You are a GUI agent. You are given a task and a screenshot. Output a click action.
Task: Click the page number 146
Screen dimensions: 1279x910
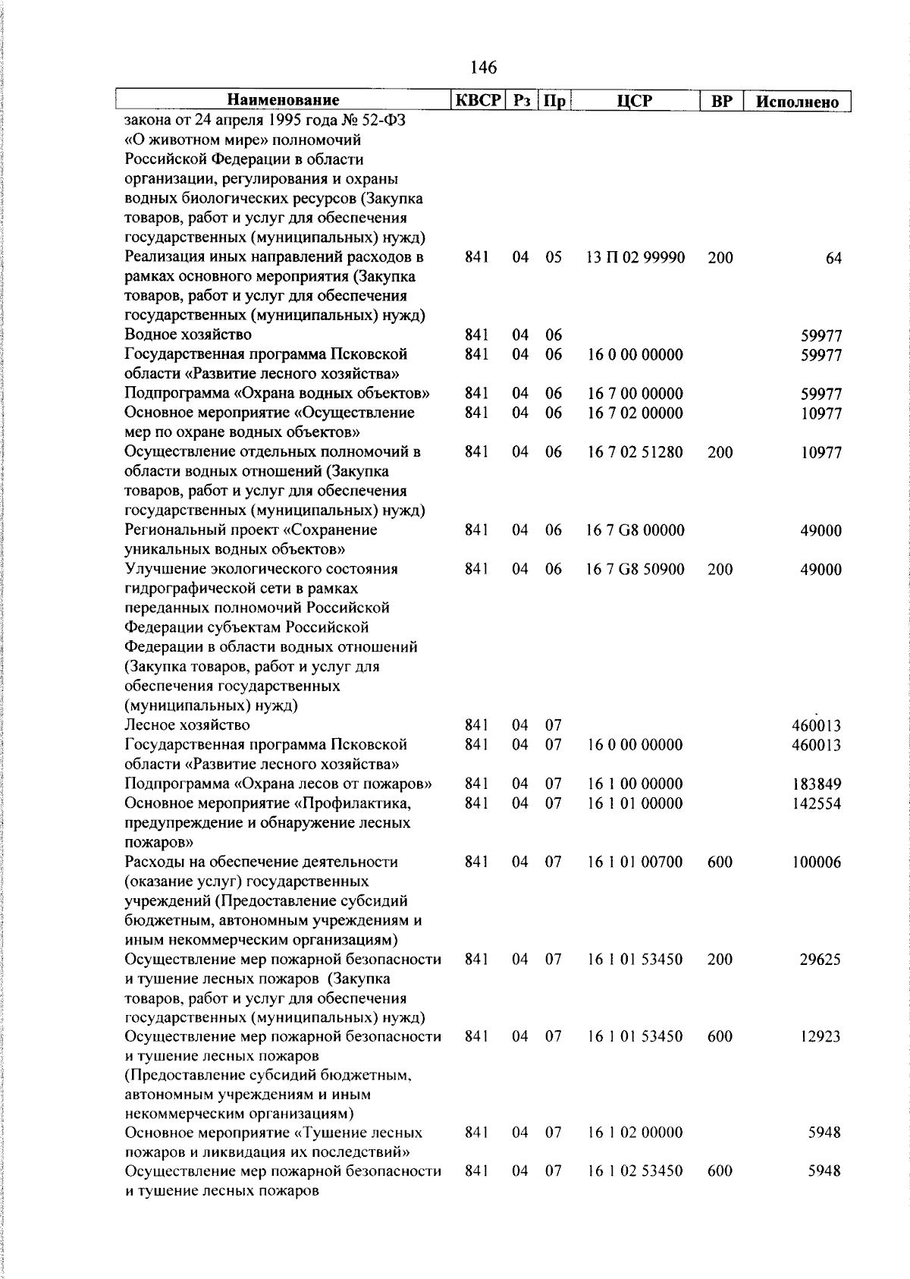tap(483, 68)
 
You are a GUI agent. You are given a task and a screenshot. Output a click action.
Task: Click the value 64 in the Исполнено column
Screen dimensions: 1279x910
tap(833, 259)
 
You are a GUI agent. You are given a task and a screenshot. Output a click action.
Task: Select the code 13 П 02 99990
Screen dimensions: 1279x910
tap(635, 257)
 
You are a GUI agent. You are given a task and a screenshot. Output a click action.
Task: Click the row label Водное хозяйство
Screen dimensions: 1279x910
tap(188, 335)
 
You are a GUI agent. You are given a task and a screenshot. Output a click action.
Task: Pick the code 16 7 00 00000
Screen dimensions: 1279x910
tap(635, 394)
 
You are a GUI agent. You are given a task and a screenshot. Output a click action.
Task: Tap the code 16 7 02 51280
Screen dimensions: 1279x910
tap(635, 452)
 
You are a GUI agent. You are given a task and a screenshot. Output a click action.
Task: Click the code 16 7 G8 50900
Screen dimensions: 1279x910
tap(635, 569)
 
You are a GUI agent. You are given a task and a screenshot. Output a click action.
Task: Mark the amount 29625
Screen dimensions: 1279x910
tap(820, 960)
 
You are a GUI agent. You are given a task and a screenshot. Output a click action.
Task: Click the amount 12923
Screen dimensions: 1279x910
tap(820, 1037)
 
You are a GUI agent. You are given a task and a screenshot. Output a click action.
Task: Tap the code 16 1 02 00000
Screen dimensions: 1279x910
tap(635, 1133)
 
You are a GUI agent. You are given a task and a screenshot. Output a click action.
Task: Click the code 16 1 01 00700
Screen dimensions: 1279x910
tap(635, 862)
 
